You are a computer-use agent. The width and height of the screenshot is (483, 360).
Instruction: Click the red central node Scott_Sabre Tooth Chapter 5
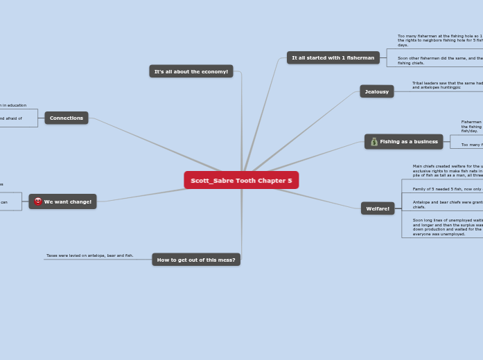point(241,180)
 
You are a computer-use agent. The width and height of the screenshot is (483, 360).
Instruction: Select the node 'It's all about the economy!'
point(191,71)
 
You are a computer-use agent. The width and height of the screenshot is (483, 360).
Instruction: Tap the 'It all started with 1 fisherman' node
point(333,58)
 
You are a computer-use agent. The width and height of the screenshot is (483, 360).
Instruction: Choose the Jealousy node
point(376,91)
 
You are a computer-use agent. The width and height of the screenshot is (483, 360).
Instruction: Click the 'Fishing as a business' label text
point(409,142)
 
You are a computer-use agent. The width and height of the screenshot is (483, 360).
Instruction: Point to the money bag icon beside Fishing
point(374,142)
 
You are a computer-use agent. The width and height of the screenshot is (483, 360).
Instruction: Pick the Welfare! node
point(378,208)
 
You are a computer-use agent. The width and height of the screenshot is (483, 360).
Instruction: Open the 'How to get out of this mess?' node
point(196,260)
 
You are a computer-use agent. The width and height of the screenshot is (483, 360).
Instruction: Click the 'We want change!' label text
point(68,201)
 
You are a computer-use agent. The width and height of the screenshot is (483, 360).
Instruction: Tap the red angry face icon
point(38,201)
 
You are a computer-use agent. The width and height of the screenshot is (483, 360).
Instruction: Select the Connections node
point(67,118)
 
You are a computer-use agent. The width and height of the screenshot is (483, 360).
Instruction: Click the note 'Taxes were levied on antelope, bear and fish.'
point(89,255)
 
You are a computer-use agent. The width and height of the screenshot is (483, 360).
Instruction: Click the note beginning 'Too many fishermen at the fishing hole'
point(440,40)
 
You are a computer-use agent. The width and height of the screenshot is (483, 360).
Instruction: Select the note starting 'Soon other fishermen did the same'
point(440,60)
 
